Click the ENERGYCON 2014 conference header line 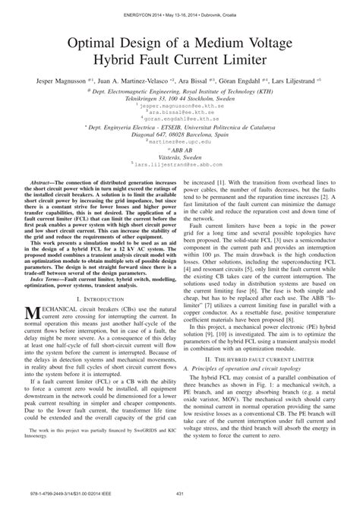tap(179, 8)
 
